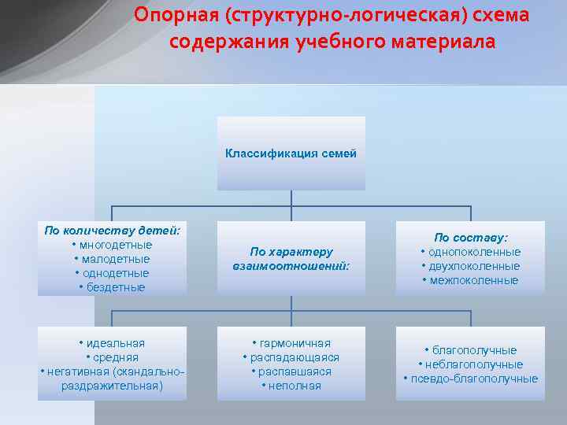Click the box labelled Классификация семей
coord(291,153)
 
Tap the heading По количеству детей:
coord(112,231)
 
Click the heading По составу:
coord(471,237)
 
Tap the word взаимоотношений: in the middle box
coord(291,266)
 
